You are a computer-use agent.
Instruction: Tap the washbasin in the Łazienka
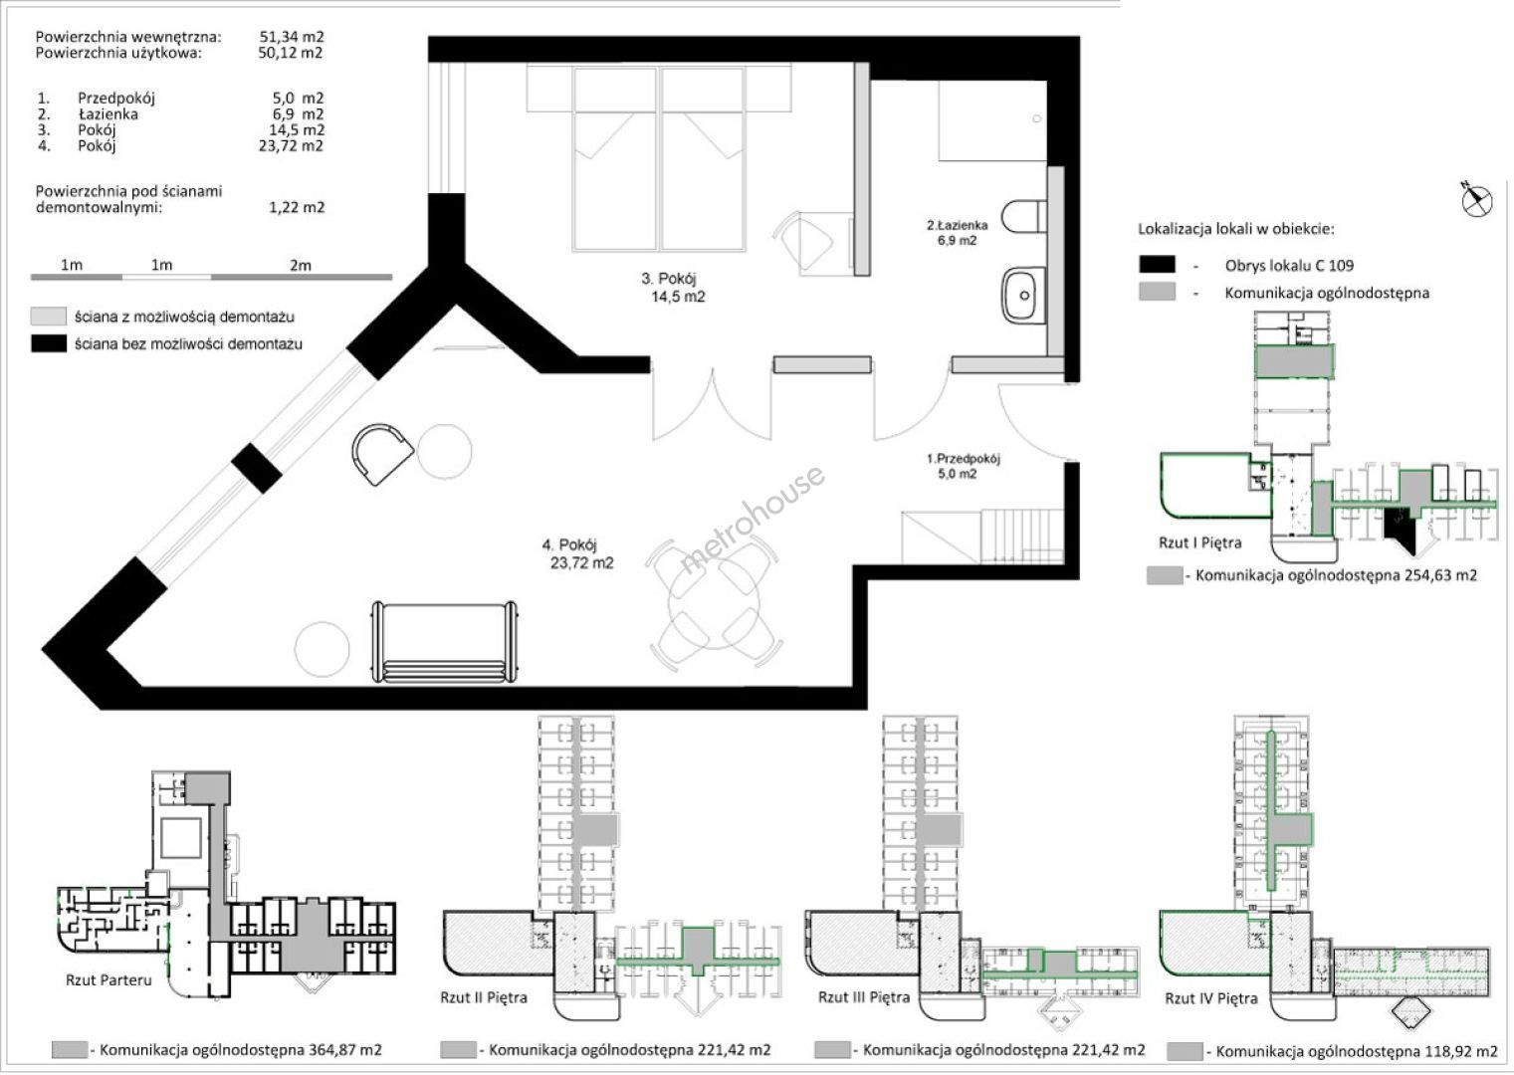(1024, 296)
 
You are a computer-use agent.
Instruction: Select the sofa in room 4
(445, 642)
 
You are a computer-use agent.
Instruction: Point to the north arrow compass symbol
(1476, 199)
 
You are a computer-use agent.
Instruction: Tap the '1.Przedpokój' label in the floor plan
(964, 459)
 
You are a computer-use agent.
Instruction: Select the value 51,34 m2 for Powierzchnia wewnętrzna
(292, 37)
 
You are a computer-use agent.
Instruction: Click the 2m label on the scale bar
(301, 265)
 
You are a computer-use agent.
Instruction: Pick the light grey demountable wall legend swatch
(49, 317)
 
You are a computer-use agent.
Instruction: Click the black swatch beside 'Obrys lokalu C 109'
(1157, 264)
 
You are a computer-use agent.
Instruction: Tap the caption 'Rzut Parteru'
(108, 979)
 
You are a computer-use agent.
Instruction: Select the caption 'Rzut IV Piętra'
(1211, 998)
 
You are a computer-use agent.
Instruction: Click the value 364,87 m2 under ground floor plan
(345, 1050)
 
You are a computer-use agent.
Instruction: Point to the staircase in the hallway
(983, 537)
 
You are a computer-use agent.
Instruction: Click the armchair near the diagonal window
(382, 453)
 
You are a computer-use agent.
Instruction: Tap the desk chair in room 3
(803, 241)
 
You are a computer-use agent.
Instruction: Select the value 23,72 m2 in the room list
(292, 146)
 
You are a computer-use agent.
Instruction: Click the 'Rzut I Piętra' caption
(1200, 542)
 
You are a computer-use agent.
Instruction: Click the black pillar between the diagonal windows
(256, 468)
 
